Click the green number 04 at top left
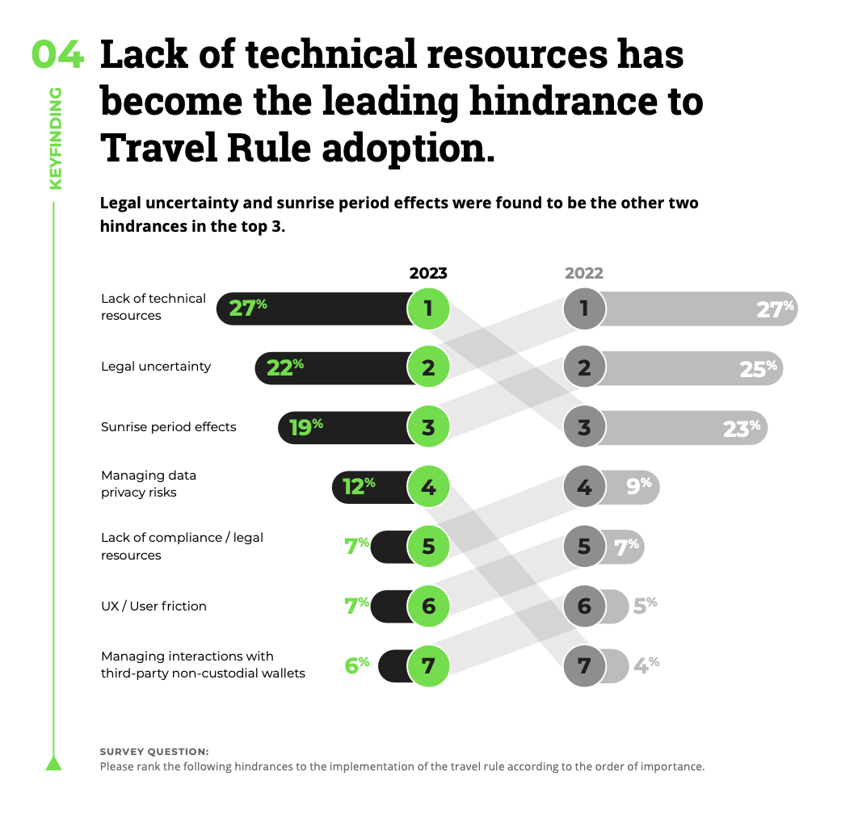[57, 55]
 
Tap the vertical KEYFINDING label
[55, 139]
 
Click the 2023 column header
[427, 273]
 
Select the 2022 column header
[583, 273]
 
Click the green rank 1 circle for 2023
[427, 308]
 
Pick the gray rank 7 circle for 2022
[584, 666]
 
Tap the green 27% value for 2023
[247, 308]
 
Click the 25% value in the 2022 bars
[758, 368]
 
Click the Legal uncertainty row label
[156, 367]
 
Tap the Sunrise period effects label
[169, 426]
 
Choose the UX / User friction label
[154, 606]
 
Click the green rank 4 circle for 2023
[427, 488]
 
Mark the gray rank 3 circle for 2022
[584, 428]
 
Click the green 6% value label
[357, 665]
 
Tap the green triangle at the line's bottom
[54, 763]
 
